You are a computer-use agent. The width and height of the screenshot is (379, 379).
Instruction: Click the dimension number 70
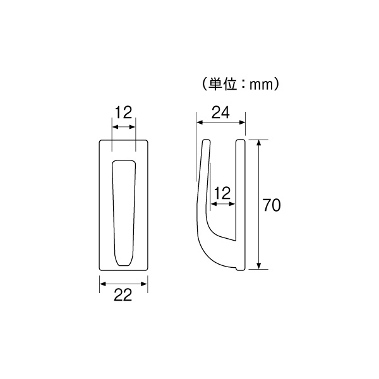click(x=272, y=205)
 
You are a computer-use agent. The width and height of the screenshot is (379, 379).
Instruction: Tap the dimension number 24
click(x=220, y=112)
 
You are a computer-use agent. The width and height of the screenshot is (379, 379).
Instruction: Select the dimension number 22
click(x=123, y=295)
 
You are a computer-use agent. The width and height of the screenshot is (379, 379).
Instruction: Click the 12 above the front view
click(x=124, y=112)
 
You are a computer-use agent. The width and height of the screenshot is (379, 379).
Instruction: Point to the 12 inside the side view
click(x=222, y=193)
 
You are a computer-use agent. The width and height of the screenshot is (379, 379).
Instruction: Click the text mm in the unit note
click(x=261, y=85)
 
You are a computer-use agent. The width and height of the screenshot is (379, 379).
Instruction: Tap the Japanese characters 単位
click(x=222, y=84)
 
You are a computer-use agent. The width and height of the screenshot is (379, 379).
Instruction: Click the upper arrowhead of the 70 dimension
click(x=259, y=143)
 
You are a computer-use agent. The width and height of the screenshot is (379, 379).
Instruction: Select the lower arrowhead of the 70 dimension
click(x=259, y=266)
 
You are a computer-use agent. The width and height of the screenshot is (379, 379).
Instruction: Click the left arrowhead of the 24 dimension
click(x=200, y=123)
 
